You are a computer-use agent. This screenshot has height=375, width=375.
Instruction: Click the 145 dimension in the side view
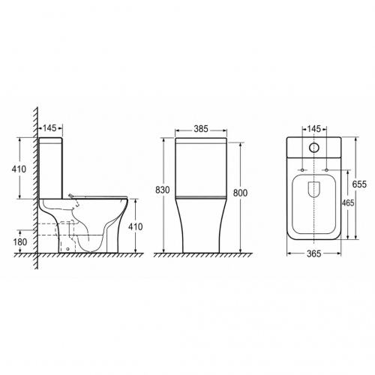tap(49, 128)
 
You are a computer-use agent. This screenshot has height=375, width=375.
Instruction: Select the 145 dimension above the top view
tap(313, 129)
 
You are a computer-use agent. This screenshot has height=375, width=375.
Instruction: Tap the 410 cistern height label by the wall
tap(19, 169)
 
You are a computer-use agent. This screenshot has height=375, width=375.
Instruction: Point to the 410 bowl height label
tap(136, 226)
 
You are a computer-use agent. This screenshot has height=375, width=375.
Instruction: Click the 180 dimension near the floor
tap(19, 242)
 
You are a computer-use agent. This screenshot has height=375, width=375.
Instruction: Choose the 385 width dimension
tap(201, 129)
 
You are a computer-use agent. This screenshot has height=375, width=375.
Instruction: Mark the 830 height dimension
tap(163, 190)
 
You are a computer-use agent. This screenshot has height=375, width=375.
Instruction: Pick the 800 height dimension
tap(240, 193)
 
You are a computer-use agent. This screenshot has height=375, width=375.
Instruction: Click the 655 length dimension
tap(359, 184)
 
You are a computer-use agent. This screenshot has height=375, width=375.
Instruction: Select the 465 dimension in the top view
tap(348, 203)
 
